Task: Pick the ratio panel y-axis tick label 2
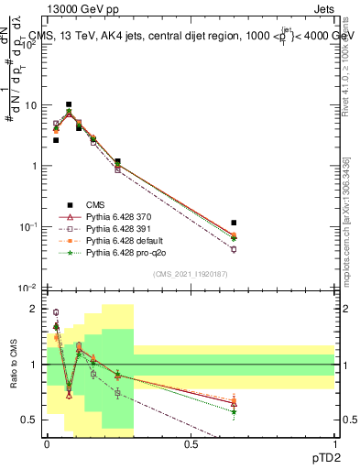click(33, 309)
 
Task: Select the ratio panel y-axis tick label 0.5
click(30, 420)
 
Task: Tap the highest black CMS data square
click(69, 104)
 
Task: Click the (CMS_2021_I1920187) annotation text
click(189, 274)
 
